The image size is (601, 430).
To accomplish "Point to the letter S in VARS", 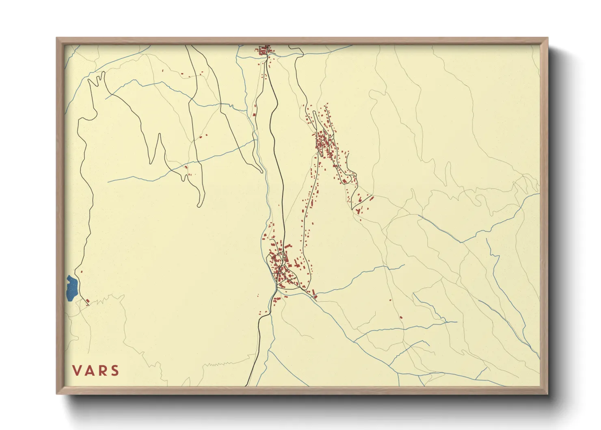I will (x=115, y=371).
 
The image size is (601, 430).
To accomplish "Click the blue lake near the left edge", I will (x=72, y=288).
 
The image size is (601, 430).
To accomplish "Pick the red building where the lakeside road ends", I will (x=87, y=301).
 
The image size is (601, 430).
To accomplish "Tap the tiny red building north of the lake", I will (x=82, y=271).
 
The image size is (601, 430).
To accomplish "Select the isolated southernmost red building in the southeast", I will (x=401, y=317).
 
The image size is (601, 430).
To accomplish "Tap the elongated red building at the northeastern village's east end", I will (x=371, y=198).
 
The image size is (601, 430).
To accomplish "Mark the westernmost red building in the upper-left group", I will (x=163, y=71).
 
